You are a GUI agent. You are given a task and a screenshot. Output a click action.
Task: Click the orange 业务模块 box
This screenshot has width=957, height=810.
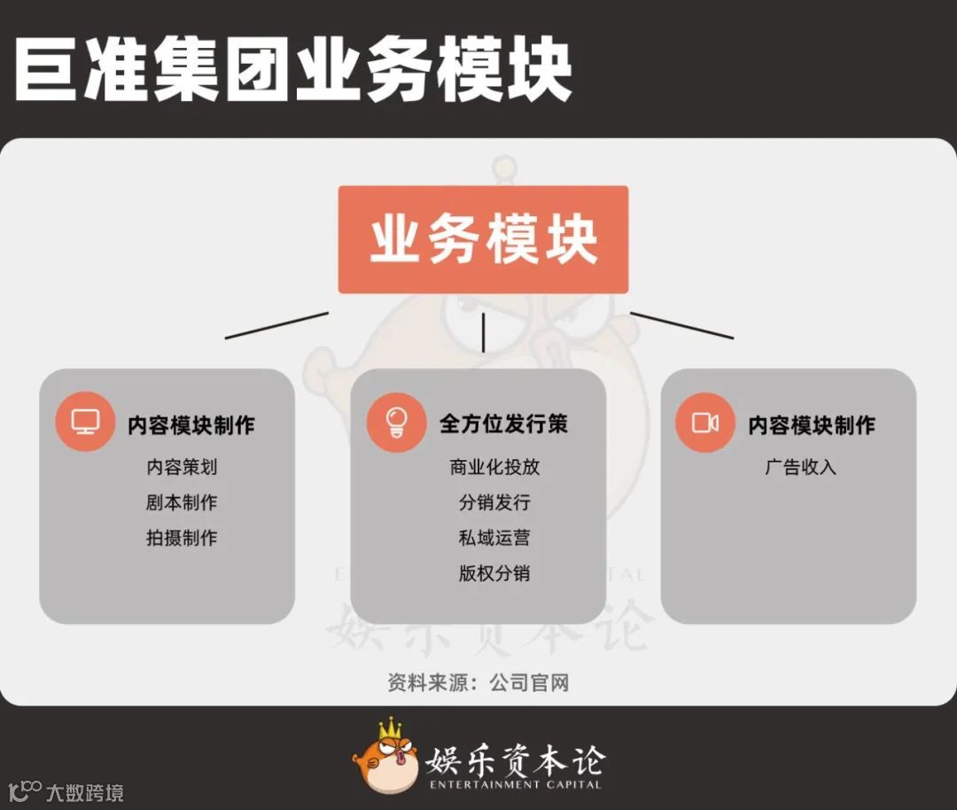[x=483, y=239]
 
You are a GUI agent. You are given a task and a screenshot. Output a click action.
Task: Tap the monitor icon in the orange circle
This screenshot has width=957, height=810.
[x=85, y=422]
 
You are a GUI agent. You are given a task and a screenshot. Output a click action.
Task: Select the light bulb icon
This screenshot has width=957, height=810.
[x=396, y=422]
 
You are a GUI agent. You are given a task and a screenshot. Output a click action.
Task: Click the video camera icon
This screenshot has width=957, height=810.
[x=705, y=423]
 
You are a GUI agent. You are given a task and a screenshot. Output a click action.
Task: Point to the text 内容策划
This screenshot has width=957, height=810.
[x=182, y=467]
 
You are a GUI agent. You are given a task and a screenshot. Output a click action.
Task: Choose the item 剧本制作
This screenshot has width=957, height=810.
[x=182, y=502]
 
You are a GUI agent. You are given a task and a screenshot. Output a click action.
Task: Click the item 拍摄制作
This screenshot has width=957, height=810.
[x=182, y=538]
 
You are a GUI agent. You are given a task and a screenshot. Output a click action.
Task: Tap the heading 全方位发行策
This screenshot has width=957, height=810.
[x=503, y=424]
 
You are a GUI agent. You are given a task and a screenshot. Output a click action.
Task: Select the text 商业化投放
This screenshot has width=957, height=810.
[x=494, y=467]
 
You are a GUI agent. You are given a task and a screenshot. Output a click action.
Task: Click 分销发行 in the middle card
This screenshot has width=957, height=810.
[x=494, y=502]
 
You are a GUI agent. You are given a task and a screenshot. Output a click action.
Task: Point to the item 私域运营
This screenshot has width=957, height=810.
[x=494, y=538]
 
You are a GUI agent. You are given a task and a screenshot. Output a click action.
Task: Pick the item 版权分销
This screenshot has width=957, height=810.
[x=494, y=573]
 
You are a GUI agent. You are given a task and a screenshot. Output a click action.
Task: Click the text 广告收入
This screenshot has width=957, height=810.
[x=801, y=467]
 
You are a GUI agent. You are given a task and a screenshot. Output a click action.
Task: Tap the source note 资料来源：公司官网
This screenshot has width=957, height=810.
[x=478, y=682]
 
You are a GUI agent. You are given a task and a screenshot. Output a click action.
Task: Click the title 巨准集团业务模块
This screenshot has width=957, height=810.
[x=292, y=70]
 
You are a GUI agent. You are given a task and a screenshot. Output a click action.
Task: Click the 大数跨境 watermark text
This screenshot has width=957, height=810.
[x=85, y=792]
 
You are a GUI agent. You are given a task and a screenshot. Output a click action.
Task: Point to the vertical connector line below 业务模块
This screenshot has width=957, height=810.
[x=483, y=332]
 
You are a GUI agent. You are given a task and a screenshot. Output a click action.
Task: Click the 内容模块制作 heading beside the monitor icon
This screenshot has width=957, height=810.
[x=191, y=424]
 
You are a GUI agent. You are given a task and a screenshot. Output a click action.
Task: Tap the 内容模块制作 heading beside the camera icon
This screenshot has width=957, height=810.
[x=812, y=424]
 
